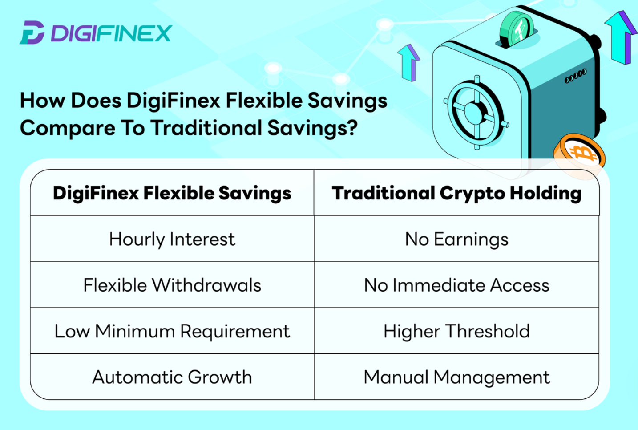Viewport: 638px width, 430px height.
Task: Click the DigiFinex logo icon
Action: (32, 32)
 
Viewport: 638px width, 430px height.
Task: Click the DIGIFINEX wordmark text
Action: (112, 33)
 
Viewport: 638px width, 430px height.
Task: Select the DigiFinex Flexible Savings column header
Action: (172, 193)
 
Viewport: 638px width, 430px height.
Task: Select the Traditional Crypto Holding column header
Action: (456, 193)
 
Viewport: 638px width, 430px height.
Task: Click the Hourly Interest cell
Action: (172, 239)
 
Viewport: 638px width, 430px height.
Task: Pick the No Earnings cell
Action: (456, 239)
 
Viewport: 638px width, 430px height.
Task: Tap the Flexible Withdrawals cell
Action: (172, 285)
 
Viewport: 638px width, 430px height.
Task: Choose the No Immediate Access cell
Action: (456, 285)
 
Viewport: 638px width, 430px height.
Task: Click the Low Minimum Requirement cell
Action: (172, 331)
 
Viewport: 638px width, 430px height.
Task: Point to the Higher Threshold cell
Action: (456, 331)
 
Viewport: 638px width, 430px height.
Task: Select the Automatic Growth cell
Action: (172, 377)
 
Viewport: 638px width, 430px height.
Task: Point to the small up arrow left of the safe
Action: (409, 63)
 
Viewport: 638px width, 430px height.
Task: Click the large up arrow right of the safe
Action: (621, 37)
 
